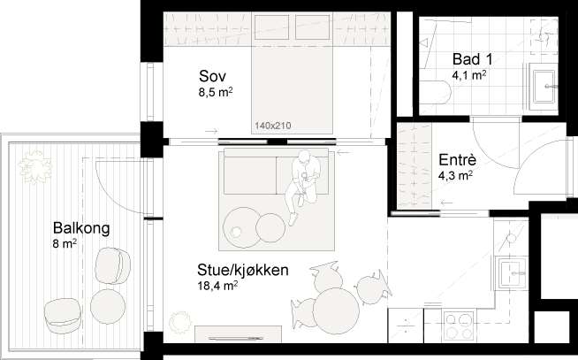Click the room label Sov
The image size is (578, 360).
209,75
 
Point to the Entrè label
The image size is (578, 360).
457,161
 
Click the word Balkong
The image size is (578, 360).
80,229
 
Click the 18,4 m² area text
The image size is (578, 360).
217,286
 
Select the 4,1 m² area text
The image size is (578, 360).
469,75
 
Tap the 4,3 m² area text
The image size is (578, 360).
456,176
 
